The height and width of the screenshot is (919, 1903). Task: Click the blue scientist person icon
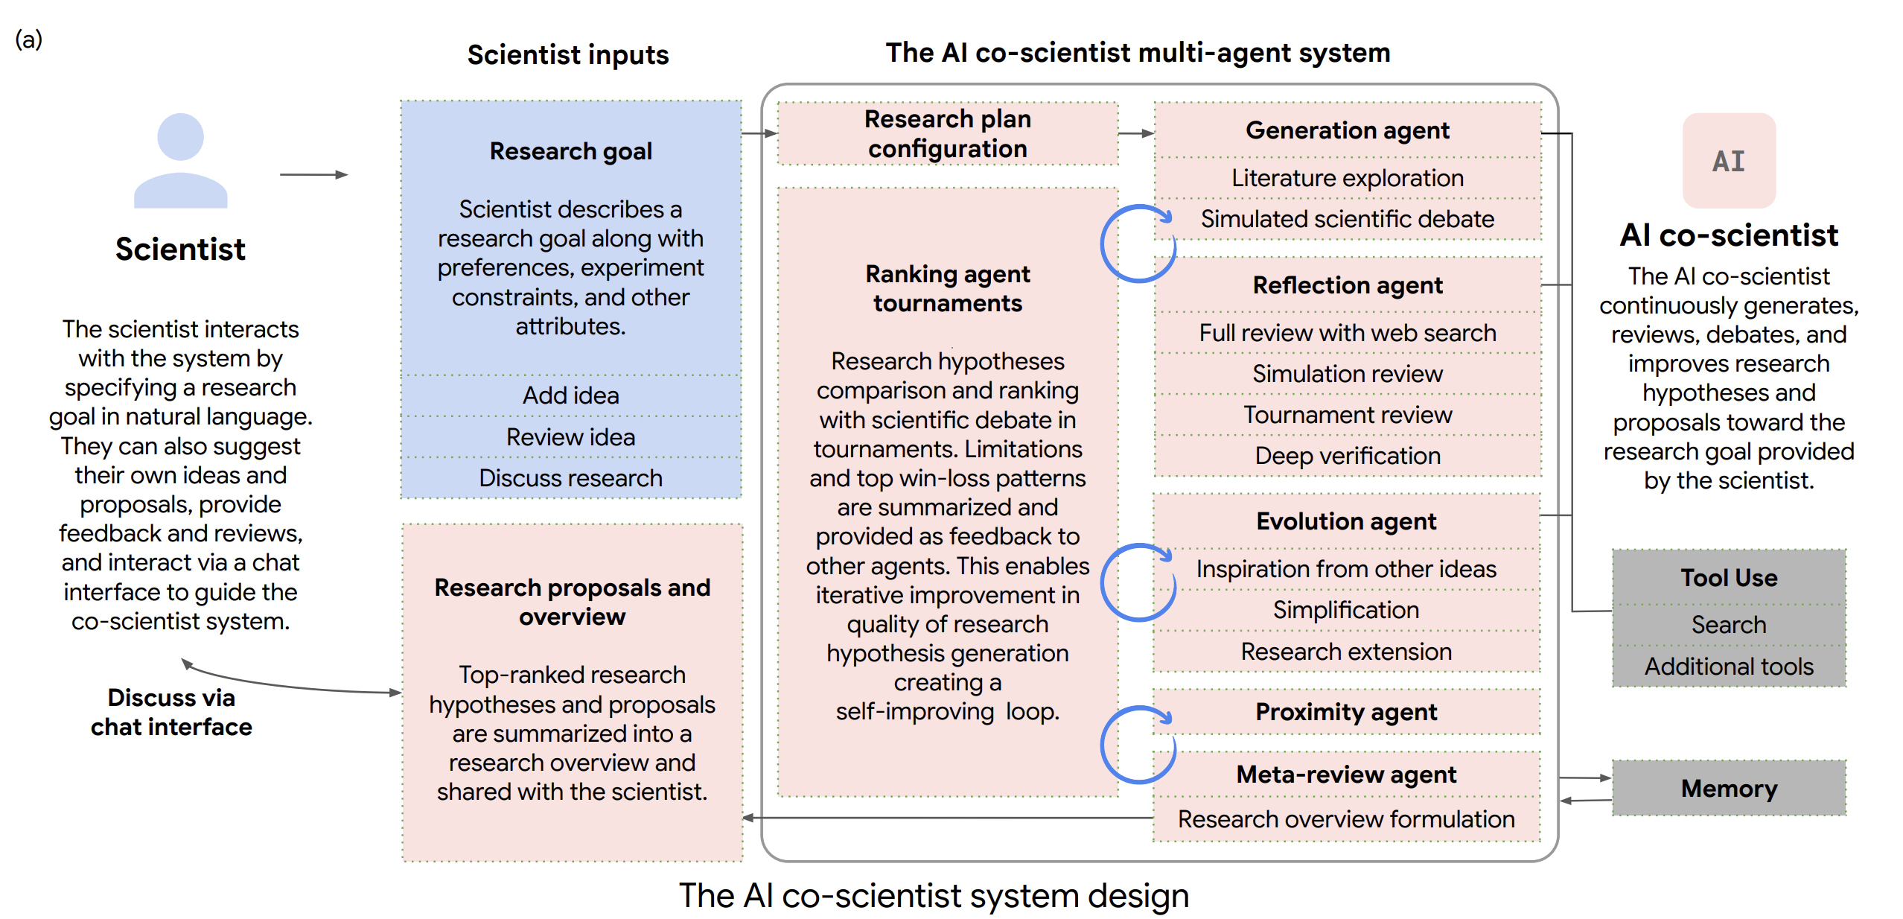point(180,160)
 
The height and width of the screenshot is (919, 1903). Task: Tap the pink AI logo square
point(1729,160)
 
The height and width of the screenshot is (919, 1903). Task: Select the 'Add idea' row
point(571,395)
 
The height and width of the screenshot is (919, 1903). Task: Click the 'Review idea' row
point(571,437)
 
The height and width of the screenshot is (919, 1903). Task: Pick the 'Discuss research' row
point(571,478)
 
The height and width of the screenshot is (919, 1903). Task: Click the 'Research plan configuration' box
point(948,133)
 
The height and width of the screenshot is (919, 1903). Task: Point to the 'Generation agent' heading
point(1348,130)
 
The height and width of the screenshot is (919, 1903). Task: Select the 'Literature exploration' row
point(1348,178)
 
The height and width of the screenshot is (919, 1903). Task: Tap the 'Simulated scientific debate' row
point(1348,219)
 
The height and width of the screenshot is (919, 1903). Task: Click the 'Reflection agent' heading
point(1348,285)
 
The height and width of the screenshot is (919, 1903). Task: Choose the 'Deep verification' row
point(1348,456)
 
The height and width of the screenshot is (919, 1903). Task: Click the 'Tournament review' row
point(1348,415)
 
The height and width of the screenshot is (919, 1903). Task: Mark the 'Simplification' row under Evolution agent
point(1346,610)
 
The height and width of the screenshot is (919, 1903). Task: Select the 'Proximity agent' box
point(1346,712)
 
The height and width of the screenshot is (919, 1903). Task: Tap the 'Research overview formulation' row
point(1346,819)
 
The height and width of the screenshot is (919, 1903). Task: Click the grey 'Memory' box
point(1729,788)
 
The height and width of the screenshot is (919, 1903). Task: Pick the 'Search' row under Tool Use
point(1729,625)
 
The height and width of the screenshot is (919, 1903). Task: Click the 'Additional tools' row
point(1729,667)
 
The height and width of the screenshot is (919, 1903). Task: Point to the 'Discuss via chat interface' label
point(171,712)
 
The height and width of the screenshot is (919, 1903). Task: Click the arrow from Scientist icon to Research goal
point(313,174)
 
